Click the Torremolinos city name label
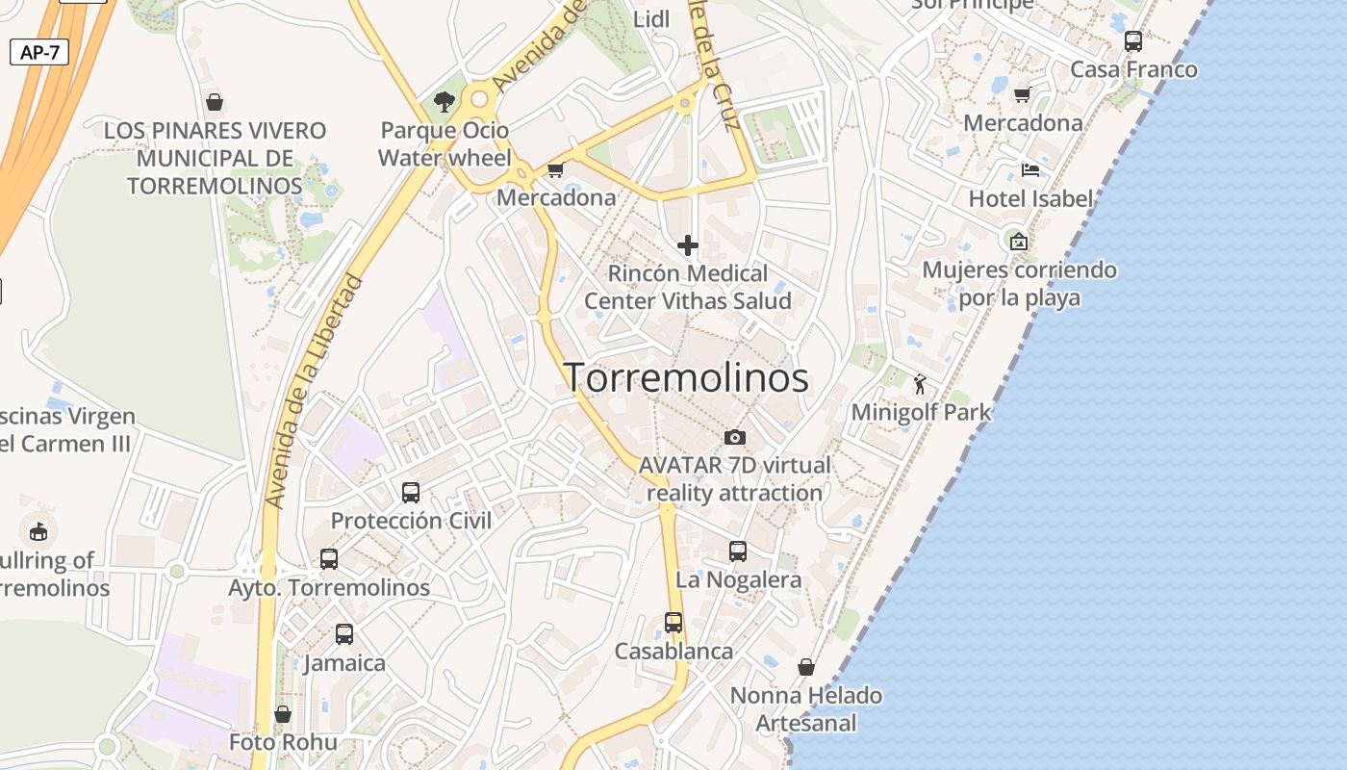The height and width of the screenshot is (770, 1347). click(685, 377)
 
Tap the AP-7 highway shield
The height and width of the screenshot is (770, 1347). click(39, 52)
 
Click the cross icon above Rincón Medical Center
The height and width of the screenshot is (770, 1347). click(687, 245)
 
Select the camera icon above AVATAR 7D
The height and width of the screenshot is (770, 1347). click(735, 437)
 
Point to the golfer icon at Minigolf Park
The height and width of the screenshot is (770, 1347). click(920, 384)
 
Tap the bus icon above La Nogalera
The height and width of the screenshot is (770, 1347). click(737, 552)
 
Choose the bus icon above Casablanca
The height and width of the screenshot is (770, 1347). click(673, 623)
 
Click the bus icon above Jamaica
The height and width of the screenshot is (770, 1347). click(343, 634)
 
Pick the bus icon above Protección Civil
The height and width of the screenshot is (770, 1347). click(411, 493)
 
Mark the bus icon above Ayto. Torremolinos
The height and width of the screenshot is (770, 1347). click(328, 559)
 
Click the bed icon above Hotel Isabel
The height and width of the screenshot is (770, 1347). click(1029, 171)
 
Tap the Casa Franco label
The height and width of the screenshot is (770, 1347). click(1133, 69)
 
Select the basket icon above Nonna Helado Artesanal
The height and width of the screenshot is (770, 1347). click(806, 667)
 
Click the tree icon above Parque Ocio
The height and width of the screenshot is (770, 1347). click(444, 101)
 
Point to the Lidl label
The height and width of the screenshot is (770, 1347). click(651, 19)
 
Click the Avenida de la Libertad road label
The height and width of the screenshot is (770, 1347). click(313, 391)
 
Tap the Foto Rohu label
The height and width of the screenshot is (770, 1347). click(283, 742)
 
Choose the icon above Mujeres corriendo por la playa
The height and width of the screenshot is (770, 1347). click(1018, 241)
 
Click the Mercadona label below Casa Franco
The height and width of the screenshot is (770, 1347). click(1022, 123)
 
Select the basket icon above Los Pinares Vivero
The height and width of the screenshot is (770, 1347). click(215, 101)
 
